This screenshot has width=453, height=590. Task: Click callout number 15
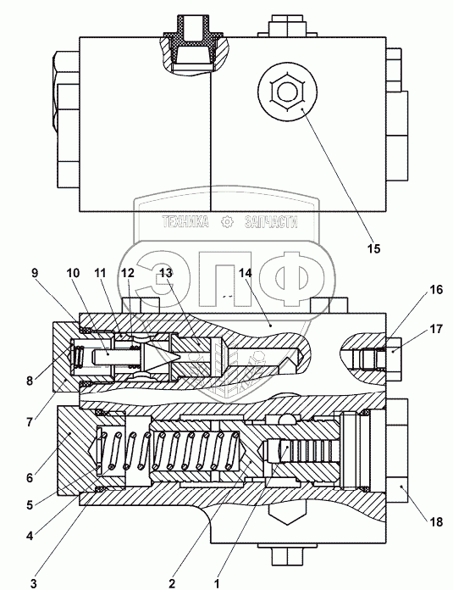tap(373, 248)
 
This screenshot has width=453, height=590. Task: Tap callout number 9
tap(35, 273)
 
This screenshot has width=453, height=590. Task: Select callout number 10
tap(73, 273)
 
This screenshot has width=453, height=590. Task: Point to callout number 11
tap(100, 273)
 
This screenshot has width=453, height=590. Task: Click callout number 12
tap(128, 273)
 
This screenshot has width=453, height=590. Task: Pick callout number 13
tap(166, 273)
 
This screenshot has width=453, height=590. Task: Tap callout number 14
tap(245, 273)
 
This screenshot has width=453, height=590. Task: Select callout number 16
tap(436, 290)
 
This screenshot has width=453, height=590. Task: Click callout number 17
tap(436, 329)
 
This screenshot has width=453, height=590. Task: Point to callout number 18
tap(436, 522)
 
